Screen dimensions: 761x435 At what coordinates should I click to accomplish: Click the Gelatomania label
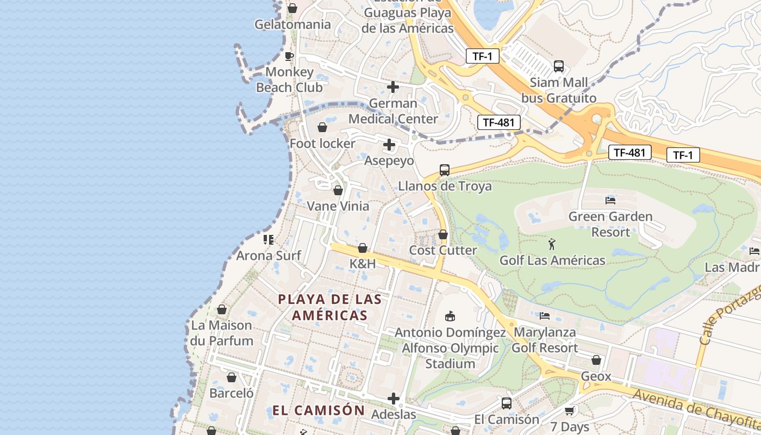292,24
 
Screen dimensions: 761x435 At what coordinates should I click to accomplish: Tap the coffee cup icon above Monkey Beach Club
289,56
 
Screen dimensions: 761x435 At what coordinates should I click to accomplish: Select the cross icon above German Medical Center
393,87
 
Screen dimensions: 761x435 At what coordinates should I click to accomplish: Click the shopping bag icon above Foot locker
322,127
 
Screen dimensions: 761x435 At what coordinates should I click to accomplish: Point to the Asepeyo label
389,161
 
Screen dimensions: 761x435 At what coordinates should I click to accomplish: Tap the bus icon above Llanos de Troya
445,170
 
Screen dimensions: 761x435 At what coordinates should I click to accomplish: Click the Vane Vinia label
338,206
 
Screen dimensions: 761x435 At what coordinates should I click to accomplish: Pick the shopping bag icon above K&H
363,248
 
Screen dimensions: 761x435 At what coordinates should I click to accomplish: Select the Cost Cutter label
442,250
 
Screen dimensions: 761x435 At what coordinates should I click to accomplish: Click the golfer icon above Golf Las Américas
552,244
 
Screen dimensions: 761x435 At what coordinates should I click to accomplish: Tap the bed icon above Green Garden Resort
610,200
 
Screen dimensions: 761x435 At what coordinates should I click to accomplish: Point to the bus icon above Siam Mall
558,66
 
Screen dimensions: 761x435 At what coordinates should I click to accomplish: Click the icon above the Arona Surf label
268,239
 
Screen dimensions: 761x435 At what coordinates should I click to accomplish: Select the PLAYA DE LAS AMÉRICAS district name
329,307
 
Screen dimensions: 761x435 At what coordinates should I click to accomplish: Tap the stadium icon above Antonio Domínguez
450,316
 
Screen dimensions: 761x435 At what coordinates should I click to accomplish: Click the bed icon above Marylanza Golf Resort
545,316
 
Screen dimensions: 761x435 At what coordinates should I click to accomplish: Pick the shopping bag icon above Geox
596,360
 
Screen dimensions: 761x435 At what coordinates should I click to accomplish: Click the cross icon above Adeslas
394,399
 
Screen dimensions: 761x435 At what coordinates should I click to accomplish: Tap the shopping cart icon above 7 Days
570,411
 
